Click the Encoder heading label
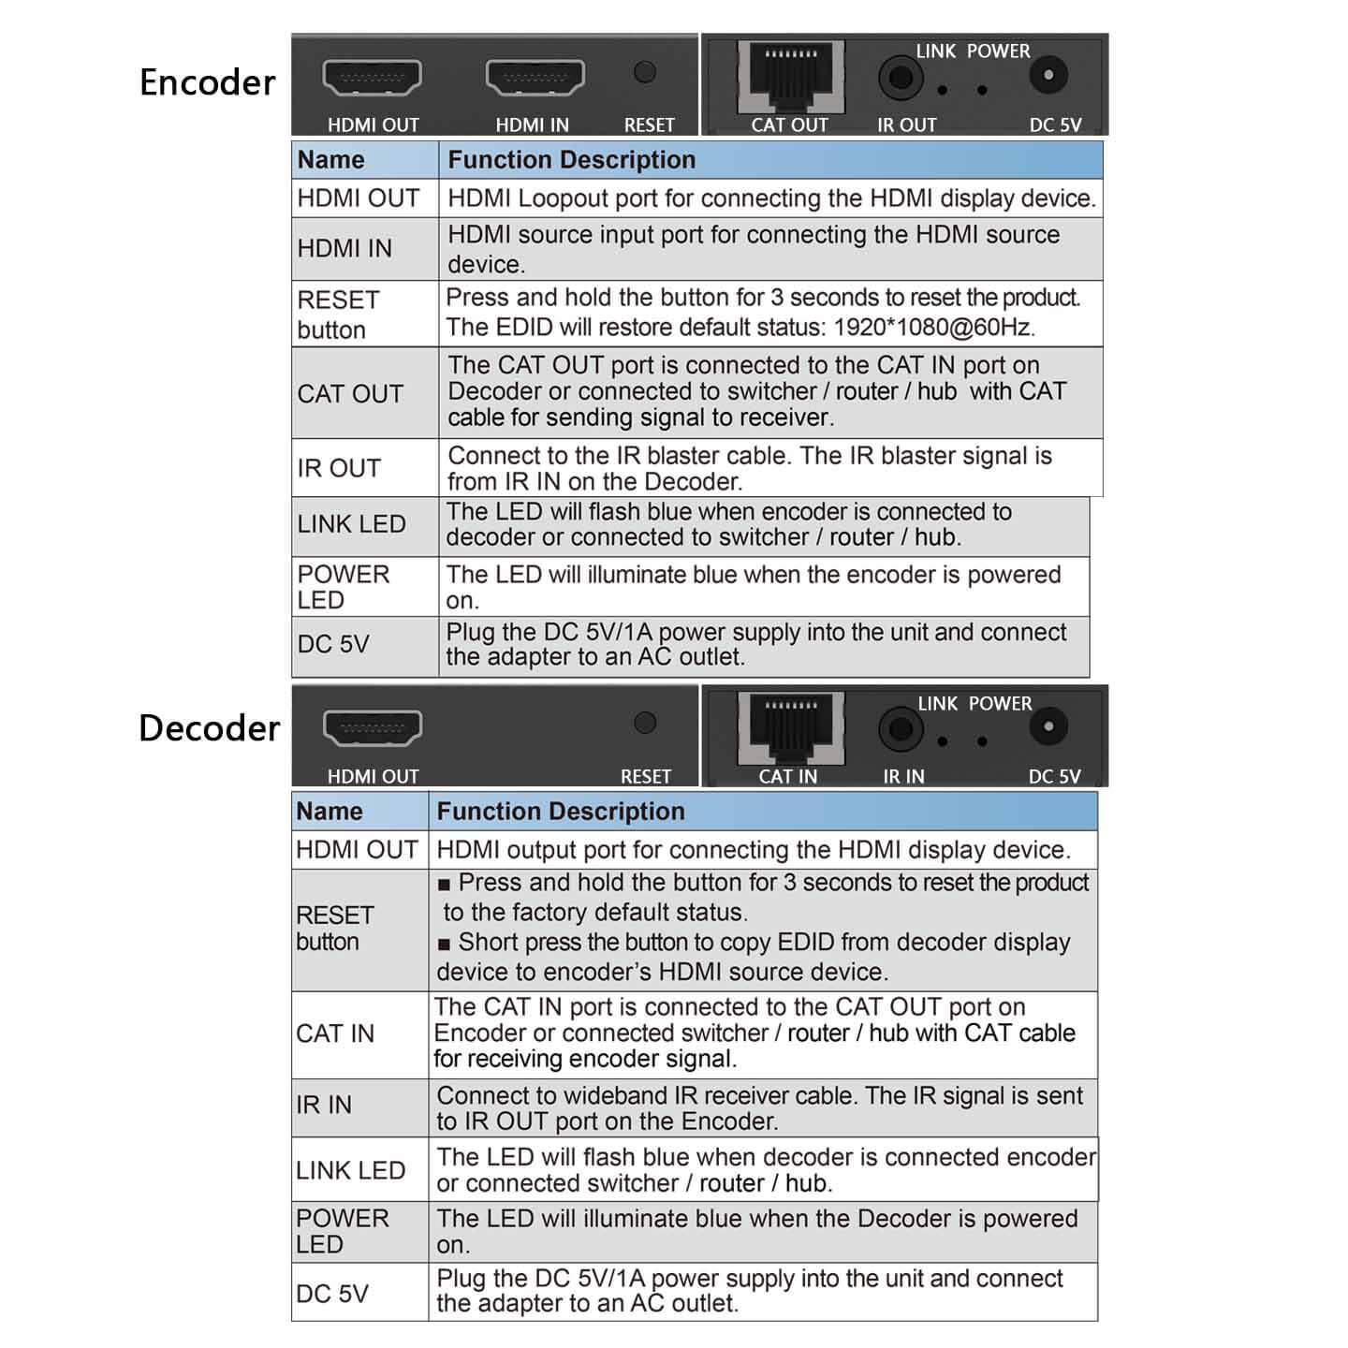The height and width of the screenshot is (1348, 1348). click(207, 82)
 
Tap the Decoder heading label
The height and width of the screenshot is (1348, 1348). click(209, 728)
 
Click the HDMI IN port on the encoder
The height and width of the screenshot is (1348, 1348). click(535, 78)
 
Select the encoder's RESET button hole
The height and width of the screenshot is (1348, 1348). click(645, 72)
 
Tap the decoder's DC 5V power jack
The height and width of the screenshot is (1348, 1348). click(1048, 726)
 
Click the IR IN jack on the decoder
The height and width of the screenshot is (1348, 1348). click(900, 729)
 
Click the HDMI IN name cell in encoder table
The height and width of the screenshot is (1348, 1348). click(344, 249)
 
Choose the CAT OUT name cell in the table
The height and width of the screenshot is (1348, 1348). click(350, 394)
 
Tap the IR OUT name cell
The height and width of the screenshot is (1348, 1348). click(339, 468)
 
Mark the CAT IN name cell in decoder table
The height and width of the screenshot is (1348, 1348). click(335, 1034)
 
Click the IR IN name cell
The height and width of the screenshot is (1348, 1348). click(324, 1106)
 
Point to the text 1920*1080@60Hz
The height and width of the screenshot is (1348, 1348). click(933, 328)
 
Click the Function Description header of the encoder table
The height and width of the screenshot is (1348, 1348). click(571, 160)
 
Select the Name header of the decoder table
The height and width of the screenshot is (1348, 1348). click(330, 812)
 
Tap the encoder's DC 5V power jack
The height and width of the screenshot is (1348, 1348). click(1048, 75)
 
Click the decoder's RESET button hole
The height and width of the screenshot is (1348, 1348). click(645, 723)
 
